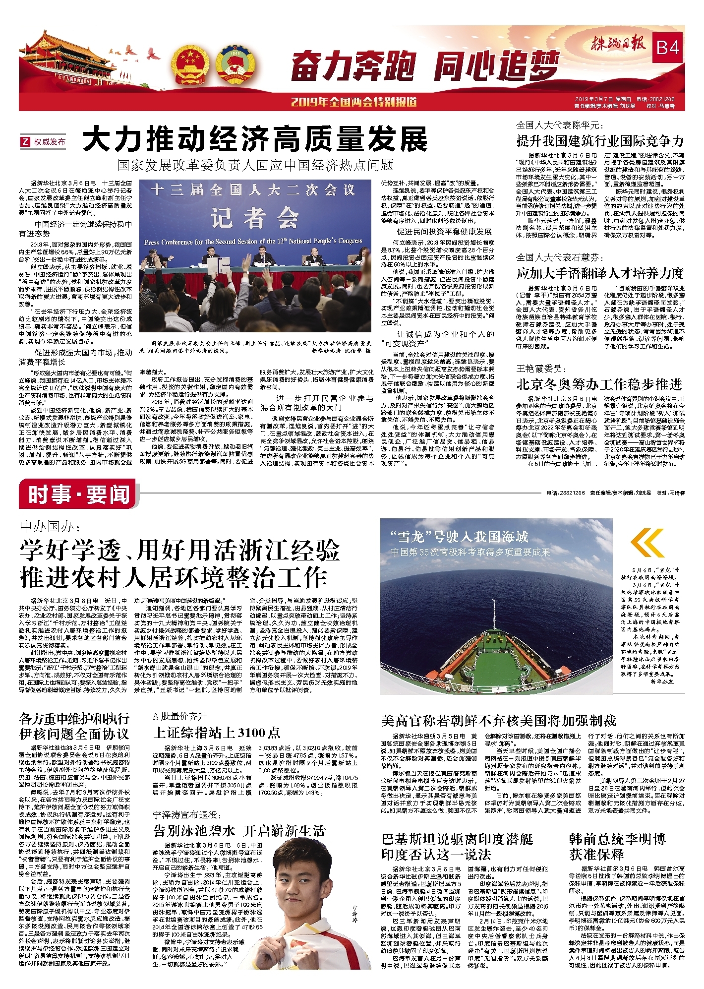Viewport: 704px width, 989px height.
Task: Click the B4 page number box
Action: click(667, 48)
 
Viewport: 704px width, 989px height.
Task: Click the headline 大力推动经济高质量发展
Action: click(255, 139)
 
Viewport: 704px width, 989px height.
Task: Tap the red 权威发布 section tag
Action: click(44, 142)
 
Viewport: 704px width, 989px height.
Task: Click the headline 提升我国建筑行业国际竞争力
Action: click(600, 141)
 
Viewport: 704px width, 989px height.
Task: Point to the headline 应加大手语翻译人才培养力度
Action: click(600, 273)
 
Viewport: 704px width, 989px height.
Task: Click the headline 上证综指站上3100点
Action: click(217, 733)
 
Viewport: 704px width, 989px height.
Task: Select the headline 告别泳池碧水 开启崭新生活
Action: click(239, 831)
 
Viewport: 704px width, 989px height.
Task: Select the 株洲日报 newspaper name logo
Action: click(619, 45)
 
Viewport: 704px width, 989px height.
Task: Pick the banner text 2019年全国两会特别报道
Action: click(353, 102)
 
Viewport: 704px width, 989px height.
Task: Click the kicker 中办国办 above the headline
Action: click(49, 526)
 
